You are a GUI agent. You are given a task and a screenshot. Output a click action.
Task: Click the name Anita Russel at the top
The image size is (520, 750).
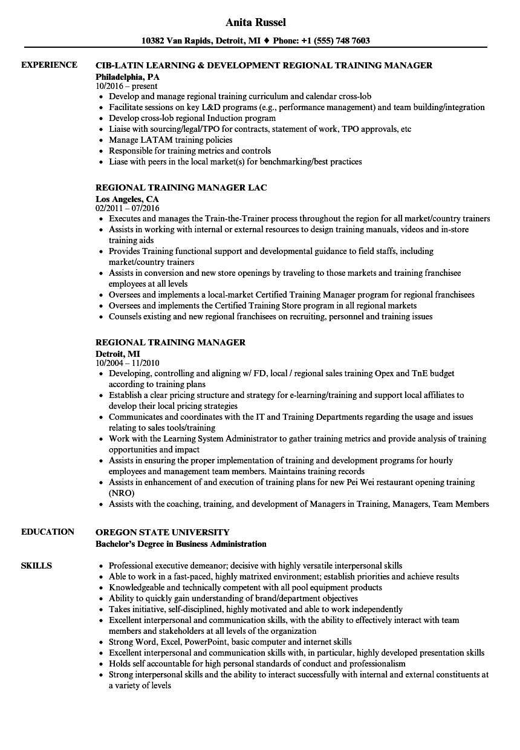point(255,22)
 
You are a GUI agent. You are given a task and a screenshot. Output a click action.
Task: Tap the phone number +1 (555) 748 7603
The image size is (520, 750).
point(340,41)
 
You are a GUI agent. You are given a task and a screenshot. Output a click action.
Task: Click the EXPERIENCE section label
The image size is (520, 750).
point(49,65)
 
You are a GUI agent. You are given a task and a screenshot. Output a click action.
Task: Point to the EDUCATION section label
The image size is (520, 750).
point(48,532)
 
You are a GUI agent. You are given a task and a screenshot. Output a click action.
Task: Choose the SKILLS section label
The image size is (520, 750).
point(36,566)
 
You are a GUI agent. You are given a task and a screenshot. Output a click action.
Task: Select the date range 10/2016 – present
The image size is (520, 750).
point(126,86)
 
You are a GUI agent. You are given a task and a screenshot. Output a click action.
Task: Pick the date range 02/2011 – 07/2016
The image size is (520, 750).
point(131,208)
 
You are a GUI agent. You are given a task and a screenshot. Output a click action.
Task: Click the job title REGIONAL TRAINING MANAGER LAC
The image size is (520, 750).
point(181,187)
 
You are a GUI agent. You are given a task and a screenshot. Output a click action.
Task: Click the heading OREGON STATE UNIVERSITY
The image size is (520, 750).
point(163,532)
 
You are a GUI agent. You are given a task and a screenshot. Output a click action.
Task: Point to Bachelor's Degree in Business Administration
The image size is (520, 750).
point(181,543)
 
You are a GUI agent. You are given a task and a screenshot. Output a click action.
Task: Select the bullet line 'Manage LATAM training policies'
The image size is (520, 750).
point(171,140)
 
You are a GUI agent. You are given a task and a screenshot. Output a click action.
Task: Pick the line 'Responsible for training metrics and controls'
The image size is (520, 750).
point(190,151)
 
